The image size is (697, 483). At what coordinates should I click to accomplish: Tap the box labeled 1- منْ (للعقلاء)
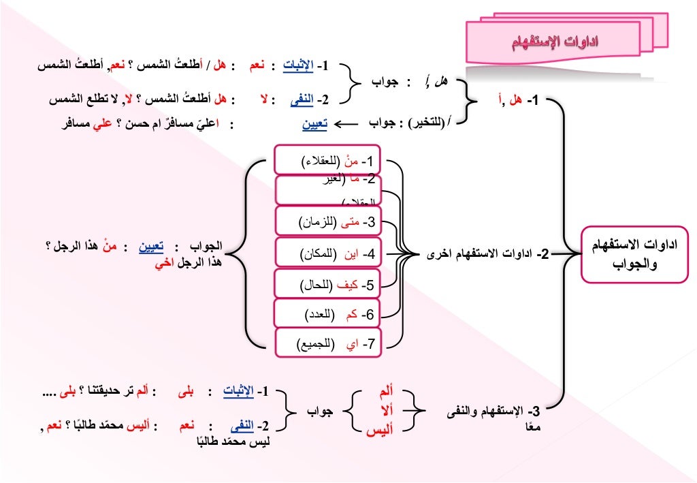tap(329, 161)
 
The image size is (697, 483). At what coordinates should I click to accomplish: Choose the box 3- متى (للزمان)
tap(329, 221)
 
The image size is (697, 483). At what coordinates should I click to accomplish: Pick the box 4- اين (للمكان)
tap(329, 253)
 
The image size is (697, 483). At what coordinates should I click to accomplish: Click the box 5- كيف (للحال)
tap(329, 284)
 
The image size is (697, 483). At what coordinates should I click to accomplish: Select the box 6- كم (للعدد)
tap(329, 314)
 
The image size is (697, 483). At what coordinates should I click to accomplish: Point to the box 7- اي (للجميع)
tap(329, 344)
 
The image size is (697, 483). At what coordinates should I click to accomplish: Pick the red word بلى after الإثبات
tap(184, 392)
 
